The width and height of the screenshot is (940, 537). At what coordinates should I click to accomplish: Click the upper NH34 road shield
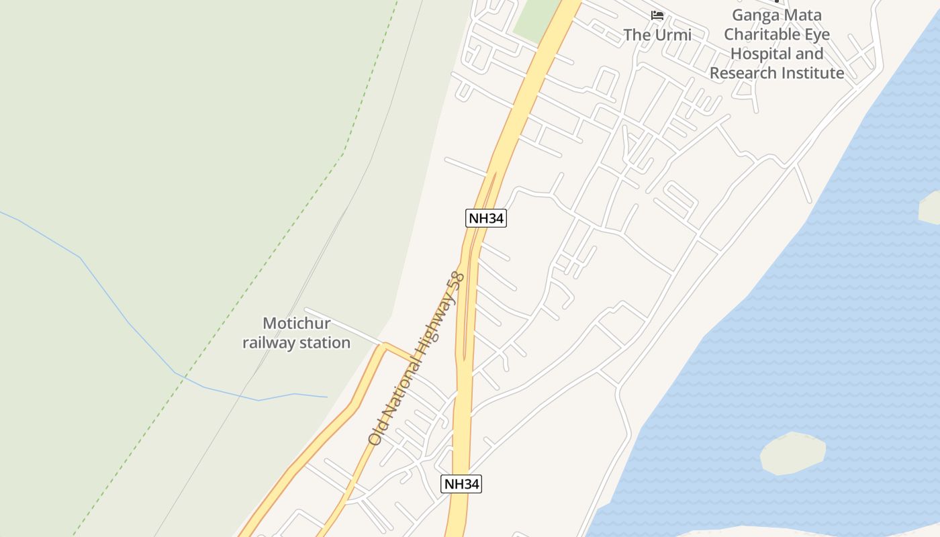485,217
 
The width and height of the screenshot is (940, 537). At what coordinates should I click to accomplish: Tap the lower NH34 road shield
461,484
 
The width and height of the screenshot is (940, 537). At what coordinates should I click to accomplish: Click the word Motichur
296,324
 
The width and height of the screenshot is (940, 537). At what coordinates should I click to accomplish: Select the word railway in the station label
269,343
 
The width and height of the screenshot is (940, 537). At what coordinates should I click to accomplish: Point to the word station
325,343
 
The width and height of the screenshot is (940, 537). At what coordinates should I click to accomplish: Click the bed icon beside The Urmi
657,15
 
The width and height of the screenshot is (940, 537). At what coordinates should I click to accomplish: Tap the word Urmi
672,35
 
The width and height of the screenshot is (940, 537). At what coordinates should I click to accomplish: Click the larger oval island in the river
792,453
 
